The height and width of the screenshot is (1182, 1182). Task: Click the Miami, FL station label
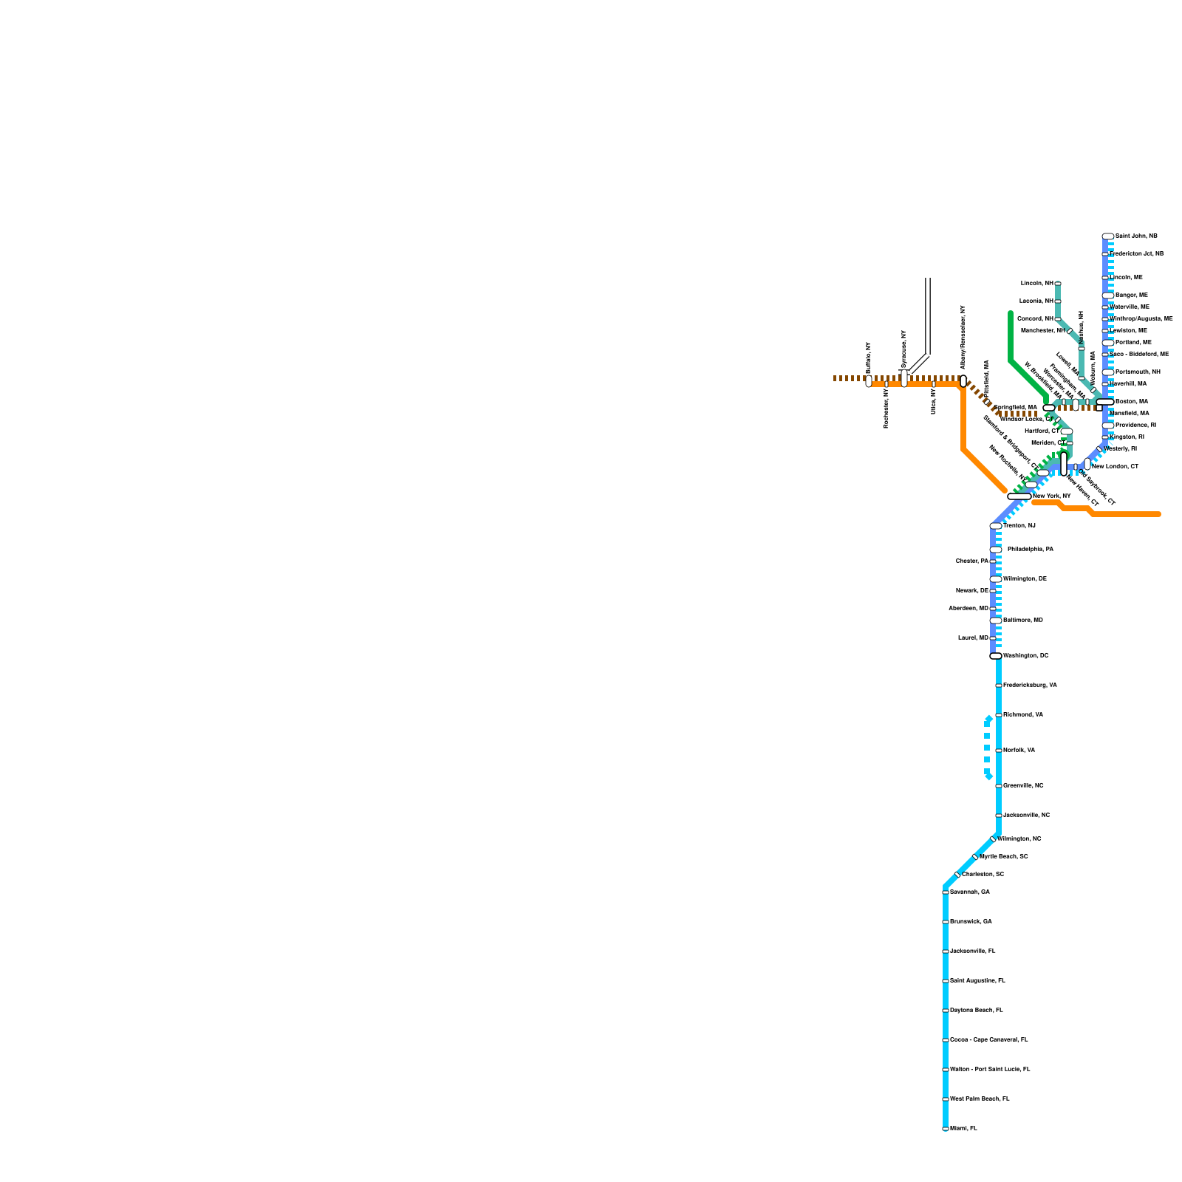tap(963, 1128)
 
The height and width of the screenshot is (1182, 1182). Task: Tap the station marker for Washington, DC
tap(996, 656)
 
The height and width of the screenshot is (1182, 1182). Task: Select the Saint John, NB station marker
tap(1108, 236)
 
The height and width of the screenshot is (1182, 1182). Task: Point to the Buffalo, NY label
tap(869, 358)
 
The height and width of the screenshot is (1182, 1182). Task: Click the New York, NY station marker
tap(1019, 496)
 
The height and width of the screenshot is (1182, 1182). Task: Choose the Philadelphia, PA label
tap(1030, 549)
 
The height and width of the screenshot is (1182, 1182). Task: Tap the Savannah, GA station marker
tap(946, 892)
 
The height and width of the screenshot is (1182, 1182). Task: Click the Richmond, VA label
tap(1022, 714)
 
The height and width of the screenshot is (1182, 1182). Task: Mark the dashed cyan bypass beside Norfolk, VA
tap(987, 746)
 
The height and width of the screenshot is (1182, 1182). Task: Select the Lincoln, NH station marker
tap(1058, 284)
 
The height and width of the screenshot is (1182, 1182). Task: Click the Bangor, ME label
tap(1131, 295)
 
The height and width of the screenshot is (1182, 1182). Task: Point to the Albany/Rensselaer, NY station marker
tap(963, 381)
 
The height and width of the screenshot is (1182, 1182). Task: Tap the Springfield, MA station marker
tap(1049, 408)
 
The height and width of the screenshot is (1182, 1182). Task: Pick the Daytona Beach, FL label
tap(976, 1010)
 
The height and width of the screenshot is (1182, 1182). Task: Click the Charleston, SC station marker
tap(957, 875)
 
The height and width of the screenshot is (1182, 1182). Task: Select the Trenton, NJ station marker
tap(996, 526)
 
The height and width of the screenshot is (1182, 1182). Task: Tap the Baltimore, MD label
tap(1022, 620)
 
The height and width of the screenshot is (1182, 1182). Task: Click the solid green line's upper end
tap(1011, 313)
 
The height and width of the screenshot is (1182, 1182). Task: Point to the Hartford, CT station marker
tap(1067, 431)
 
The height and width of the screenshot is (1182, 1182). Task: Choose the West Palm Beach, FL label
tap(979, 1099)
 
